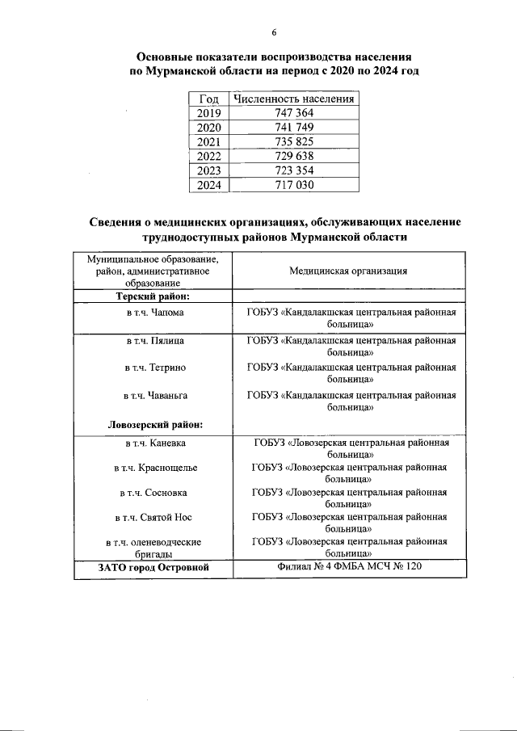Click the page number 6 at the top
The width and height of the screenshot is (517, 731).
(x=274, y=32)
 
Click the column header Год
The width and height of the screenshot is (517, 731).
(x=208, y=99)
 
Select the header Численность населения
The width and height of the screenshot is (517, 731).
(x=293, y=99)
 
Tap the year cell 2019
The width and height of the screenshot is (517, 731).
(x=208, y=114)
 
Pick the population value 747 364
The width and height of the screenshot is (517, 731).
(x=293, y=114)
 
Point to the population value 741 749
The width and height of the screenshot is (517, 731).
(x=293, y=128)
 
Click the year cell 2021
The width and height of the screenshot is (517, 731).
(x=208, y=142)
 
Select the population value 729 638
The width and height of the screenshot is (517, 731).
(x=293, y=156)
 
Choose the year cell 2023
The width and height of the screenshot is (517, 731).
(x=208, y=170)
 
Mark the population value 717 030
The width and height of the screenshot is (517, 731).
(x=293, y=185)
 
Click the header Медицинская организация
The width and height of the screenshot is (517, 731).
(x=348, y=271)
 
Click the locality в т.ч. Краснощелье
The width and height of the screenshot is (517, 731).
(x=155, y=468)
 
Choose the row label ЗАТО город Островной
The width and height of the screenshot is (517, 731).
(x=153, y=568)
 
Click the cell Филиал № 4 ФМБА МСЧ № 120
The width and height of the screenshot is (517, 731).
(x=348, y=568)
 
